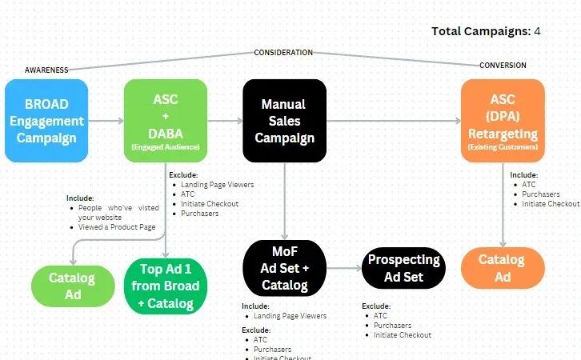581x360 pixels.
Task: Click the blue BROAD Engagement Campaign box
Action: coord(45,120)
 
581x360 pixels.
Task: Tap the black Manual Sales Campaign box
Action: coord(284,120)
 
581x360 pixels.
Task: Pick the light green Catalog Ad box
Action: coord(72,286)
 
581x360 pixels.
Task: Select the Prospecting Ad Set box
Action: coord(404,268)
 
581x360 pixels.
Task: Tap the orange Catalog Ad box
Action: coord(502,267)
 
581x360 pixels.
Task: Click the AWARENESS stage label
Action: coord(46,70)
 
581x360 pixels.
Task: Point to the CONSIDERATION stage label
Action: coord(283,53)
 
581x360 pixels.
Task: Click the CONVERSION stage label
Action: coord(503,65)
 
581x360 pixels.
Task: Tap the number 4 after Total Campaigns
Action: coord(538,31)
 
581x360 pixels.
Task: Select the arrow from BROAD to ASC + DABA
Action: coord(105,121)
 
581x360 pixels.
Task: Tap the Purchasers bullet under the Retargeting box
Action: coord(540,194)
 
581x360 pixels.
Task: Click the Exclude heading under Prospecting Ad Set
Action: coord(375,306)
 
